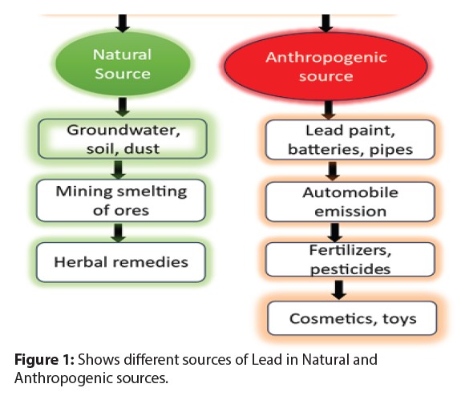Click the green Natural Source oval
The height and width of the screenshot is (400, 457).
coord(122,64)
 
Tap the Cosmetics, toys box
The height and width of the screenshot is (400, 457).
coord(353,318)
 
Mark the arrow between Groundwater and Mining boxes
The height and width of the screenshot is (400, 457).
coord(120,168)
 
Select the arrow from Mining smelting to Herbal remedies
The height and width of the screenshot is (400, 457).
coord(120,231)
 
